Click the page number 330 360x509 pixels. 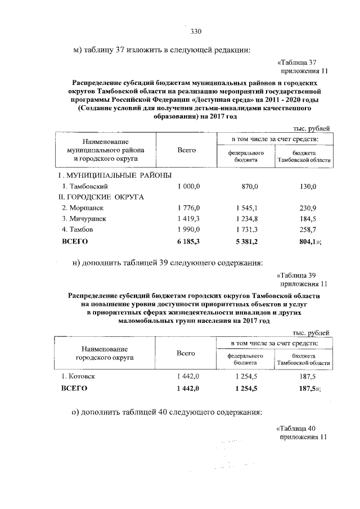tap(196, 31)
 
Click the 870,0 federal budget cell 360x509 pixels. tap(249, 186)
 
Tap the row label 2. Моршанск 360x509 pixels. tap(84, 208)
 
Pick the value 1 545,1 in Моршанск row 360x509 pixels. tap(249, 208)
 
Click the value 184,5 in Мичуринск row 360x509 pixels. tap(308, 219)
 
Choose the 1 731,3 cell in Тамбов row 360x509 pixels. tap(249, 230)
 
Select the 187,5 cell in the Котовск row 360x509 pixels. tap(308, 376)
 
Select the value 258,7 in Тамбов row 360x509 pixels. tap(308, 230)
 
